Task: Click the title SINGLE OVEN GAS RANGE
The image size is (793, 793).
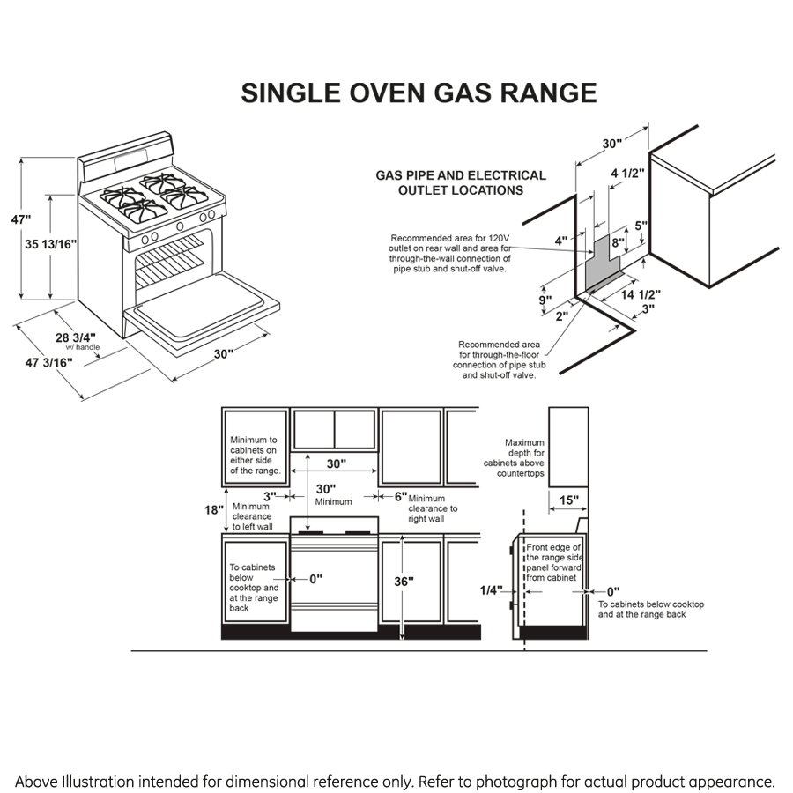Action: (419, 93)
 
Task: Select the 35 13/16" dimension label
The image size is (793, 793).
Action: (49, 245)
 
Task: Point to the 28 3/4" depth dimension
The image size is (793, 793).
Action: (75, 337)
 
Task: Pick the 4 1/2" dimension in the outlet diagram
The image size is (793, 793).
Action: (627, 173)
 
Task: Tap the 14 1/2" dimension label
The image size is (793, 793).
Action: (641, 294)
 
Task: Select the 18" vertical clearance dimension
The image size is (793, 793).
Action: (213, 510)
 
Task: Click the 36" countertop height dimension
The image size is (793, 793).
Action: (404, 582)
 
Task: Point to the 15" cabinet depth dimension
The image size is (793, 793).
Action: (569, 500)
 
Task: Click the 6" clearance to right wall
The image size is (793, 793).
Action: (401, 496)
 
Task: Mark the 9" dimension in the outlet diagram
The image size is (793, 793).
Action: (546, 300)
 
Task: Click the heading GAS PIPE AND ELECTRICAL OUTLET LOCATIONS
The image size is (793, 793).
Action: (461, 182)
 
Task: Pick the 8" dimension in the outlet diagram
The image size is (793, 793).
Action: (618, 242)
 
